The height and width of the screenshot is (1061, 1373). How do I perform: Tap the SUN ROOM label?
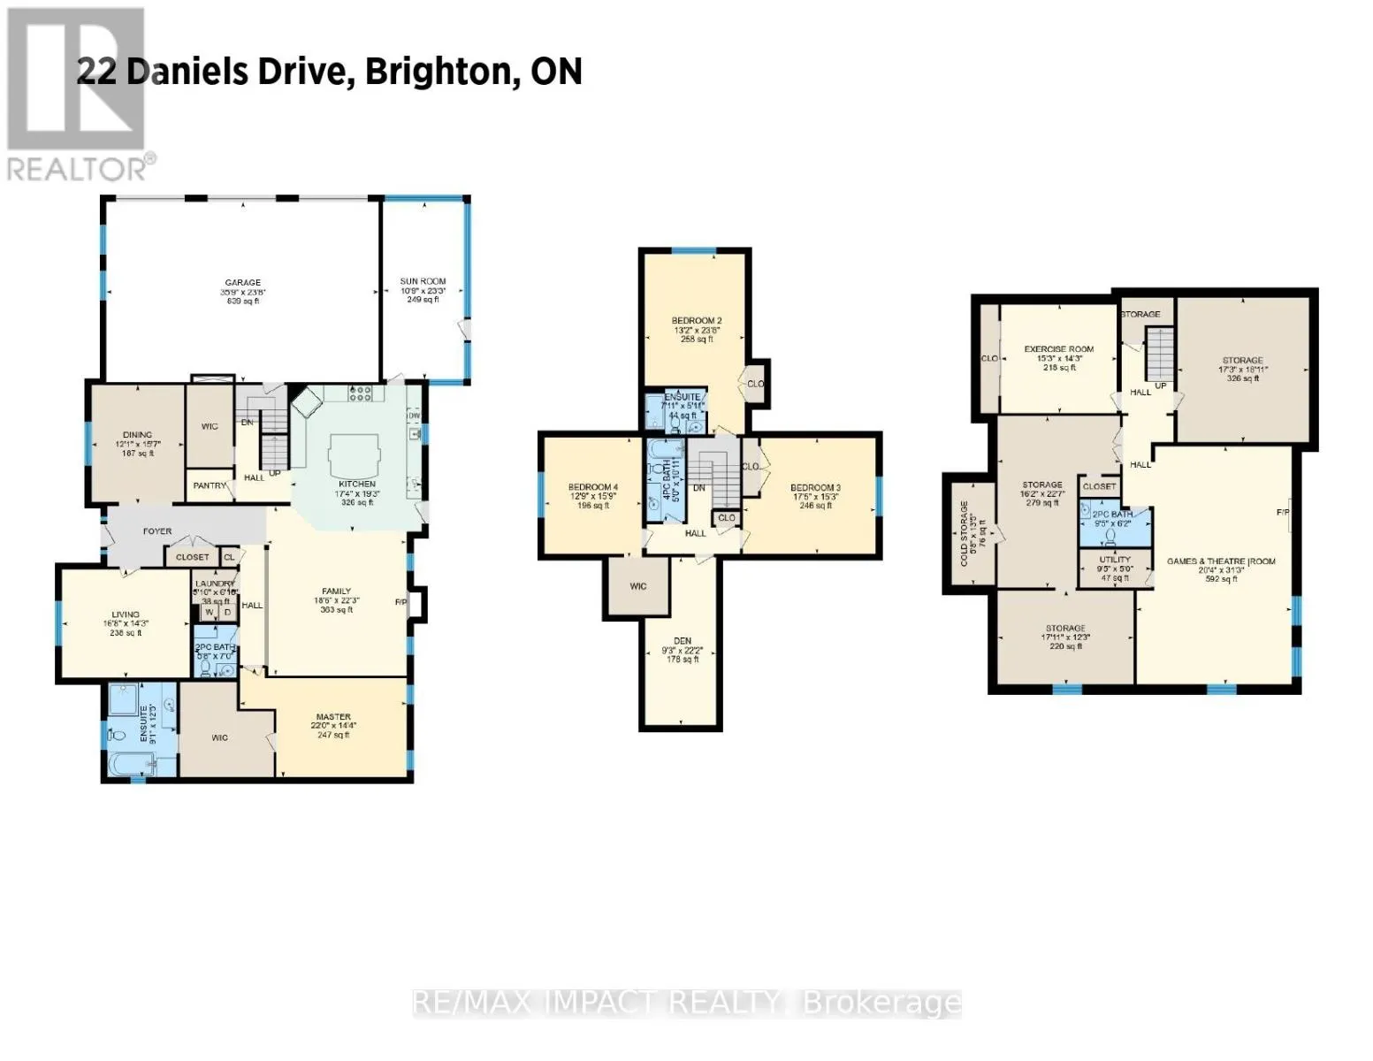423,281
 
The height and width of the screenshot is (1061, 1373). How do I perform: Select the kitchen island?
355,458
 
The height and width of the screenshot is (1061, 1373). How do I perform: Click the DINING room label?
137,435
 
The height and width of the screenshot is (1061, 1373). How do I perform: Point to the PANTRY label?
210,485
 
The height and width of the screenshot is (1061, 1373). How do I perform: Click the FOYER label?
157,531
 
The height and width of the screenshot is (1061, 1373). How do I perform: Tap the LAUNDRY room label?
215,584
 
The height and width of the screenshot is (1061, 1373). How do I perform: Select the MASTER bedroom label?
333,717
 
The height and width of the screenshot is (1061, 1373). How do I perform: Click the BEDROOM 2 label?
697,320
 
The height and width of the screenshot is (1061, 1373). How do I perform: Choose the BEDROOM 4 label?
592,488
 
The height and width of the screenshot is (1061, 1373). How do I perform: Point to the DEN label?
682,641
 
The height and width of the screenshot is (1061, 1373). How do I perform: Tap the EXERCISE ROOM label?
1058,349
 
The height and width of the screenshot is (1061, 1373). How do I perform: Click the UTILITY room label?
1115,560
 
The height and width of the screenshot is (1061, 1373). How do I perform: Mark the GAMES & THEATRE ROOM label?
1221,561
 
